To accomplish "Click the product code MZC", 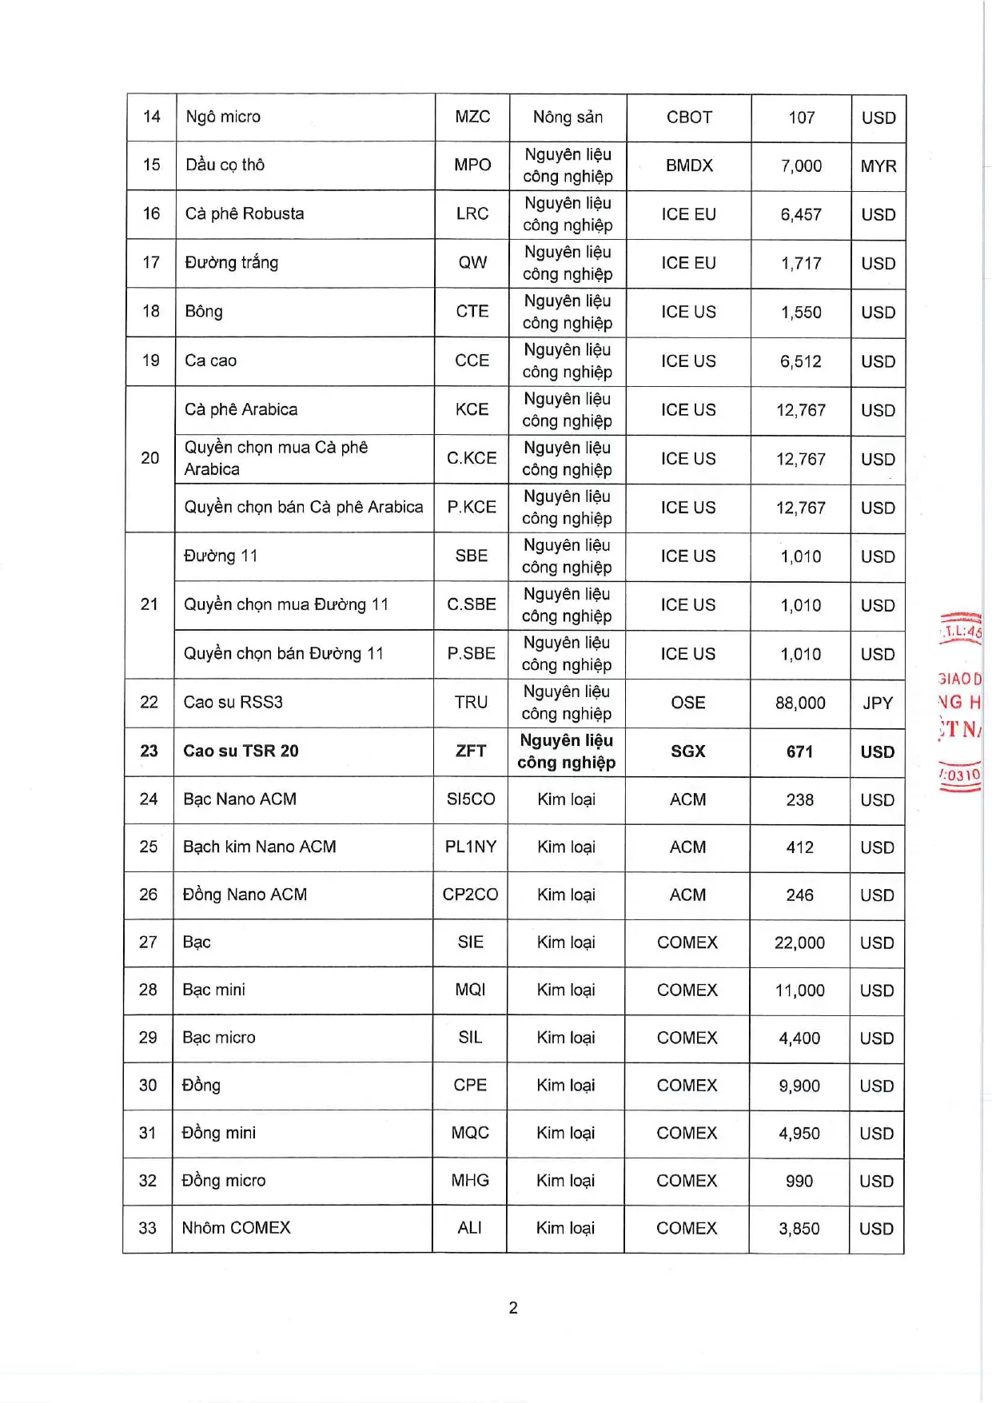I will pyautogui.click(x=472, y=117).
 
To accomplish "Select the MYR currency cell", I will pyautogui.click(x=878, y=166).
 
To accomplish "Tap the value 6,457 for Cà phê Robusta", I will pyautogui.click(x=801, y=214).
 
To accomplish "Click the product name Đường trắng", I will pyautogui.click(x=232, y=262).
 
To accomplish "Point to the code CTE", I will pyautogui.click(x=472, y=311).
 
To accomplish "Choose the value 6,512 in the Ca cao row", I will pyautogui.click(x=801, y=361).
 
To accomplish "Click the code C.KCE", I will pyautogui.click(x=472, y=458).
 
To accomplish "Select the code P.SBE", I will pyautogui.click(x=471, y=653).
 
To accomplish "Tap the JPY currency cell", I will pyautogui.click(x=877, y=703).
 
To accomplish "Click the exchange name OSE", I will pyautogui.click(x=687, y=703).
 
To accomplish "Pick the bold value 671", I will pyautogui.click(x=799, y=751).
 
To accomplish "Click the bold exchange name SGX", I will pyautogui.click(x=687, y=751).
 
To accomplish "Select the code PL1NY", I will pyautogui.click(x=470, y=847).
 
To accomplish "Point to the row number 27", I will pyautogui.click(x=148, y=942).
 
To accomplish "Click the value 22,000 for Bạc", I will pyautogui.click(x=799, y=943).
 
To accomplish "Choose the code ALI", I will pyautogui.click(x=469, y=1228).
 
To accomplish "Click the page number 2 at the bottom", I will pyautogui.click(x=513, y=1308).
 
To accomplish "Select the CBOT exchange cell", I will pyautogui.click(x=689, y=118).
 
